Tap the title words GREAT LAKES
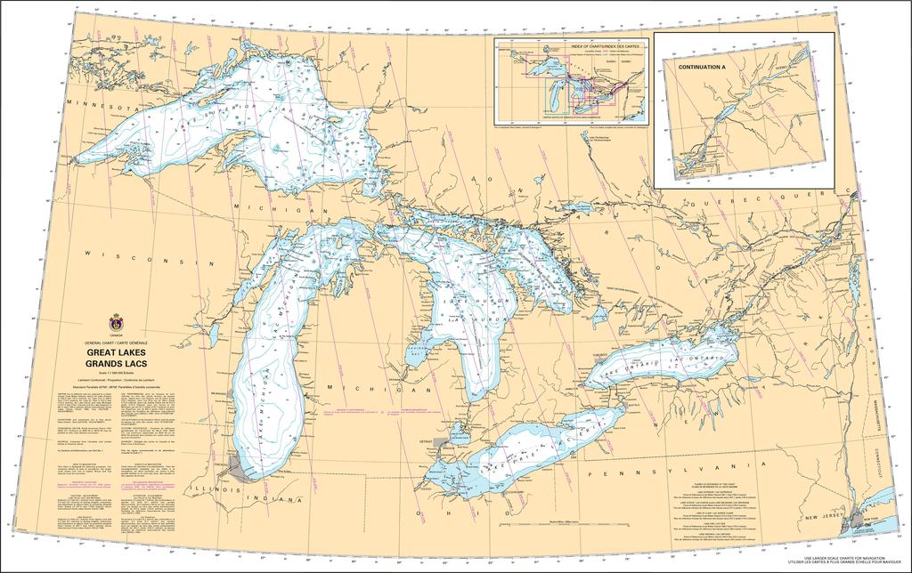pos(116,353)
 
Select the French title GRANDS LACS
pos(116,364)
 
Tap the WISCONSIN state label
pos(151,259)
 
